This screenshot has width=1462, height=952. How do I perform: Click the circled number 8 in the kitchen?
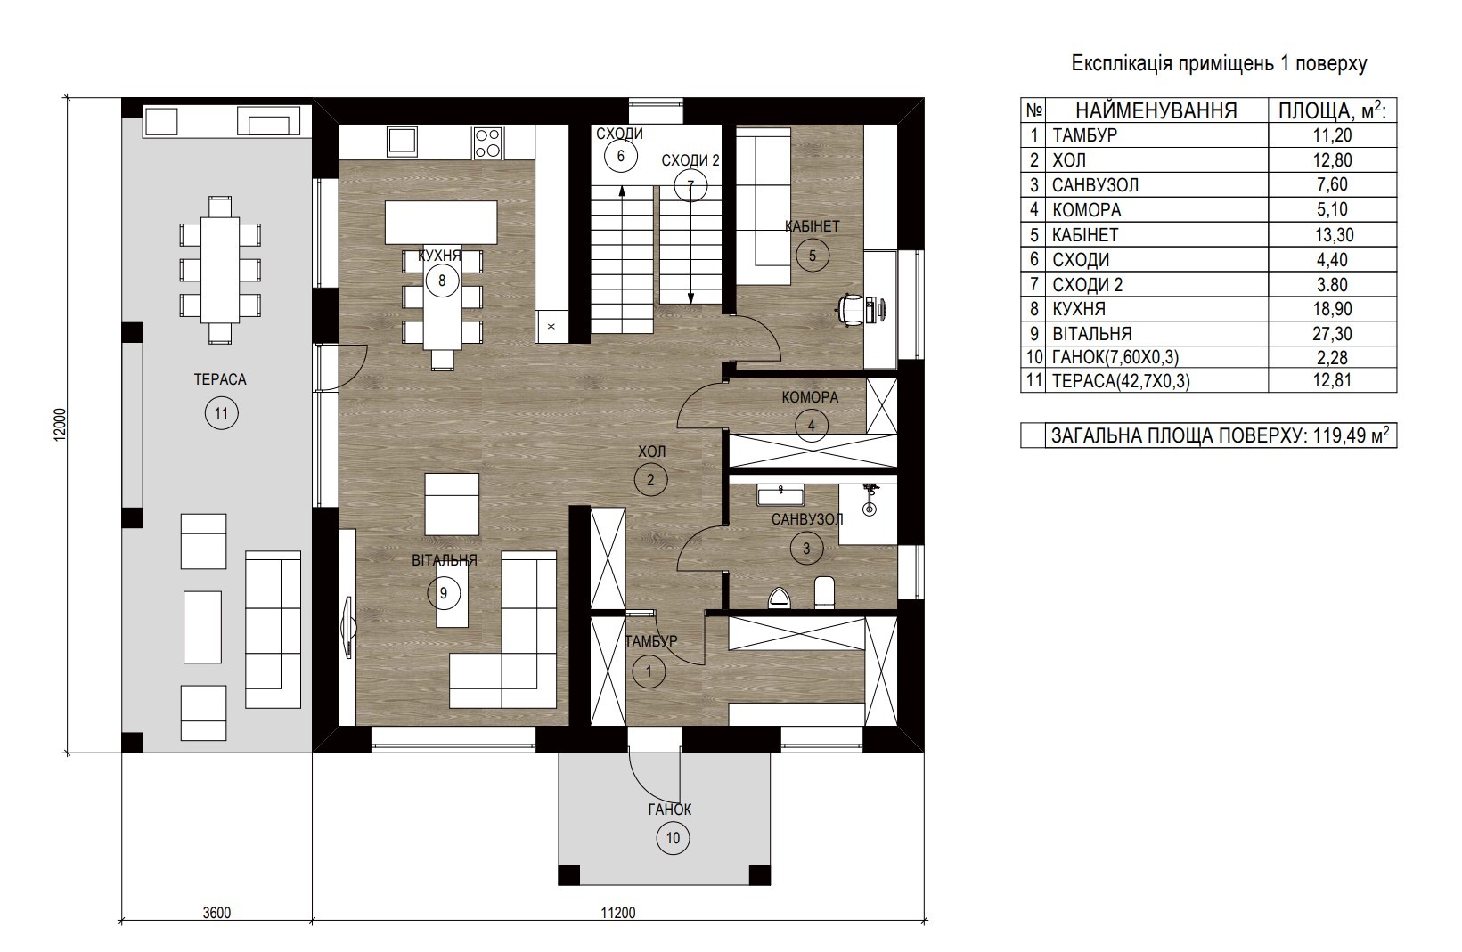click(x=443, y=281)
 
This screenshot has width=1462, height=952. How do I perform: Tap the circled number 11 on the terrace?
click(x=221, y=414)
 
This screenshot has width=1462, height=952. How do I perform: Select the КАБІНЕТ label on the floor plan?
click(x=812, y=226)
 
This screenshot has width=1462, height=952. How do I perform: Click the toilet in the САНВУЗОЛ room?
click(x=824, y=592)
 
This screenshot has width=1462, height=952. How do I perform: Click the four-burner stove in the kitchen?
click(x=488, y=142)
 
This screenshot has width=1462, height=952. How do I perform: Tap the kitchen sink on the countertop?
click(x=402, y=142)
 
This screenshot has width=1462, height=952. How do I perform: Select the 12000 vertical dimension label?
click(x=60, y=425)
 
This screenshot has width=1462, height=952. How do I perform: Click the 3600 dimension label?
click(x=216, y=912)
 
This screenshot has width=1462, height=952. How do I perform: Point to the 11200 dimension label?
click(x=618, y=912)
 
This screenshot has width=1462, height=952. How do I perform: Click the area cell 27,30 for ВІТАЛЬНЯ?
click(x=1332, y=334)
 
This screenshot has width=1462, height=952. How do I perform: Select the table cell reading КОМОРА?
click(x=1087, y=210)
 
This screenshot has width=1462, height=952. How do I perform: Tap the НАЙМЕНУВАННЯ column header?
click(x=1156, y=111)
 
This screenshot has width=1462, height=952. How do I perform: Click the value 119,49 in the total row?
click(x=1339, y=435)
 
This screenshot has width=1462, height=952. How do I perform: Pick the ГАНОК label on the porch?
click(x=670, y=810)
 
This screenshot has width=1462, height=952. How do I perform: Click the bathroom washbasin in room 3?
click(x=780, y=495)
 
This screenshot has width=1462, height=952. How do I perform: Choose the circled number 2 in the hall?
click(x=650, y=480)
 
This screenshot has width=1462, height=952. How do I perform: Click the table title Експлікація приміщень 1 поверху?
click(x=1219, y=64)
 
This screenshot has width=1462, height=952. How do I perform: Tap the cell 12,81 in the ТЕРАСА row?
click(x=1332, y=380)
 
